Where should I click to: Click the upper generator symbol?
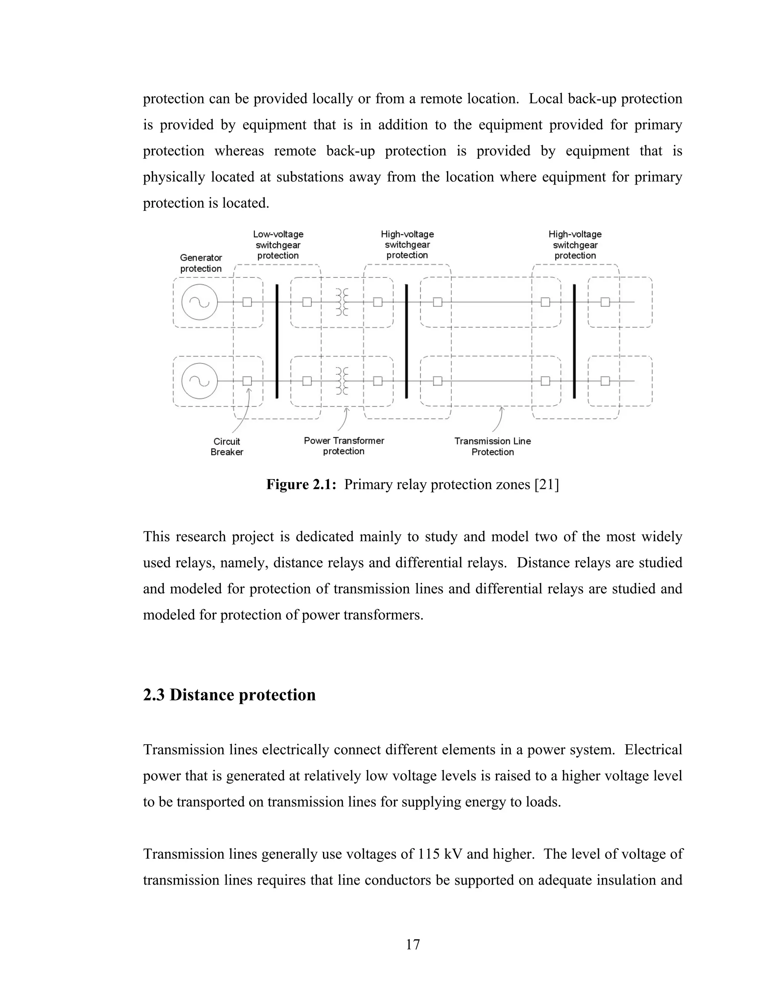point(199,302)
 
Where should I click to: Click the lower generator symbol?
point(199,381)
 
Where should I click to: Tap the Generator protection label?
point(201,263)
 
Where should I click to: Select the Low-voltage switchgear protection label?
point(278,245)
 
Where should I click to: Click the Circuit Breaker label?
point(227,446)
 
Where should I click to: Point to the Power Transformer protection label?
point(344,446)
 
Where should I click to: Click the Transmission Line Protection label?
point(493,446)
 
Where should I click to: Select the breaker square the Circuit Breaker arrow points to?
point(247,381)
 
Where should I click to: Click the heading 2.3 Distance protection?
point(229,695)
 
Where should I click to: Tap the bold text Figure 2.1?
point(302,484)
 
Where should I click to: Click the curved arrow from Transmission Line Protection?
point(498,420)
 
